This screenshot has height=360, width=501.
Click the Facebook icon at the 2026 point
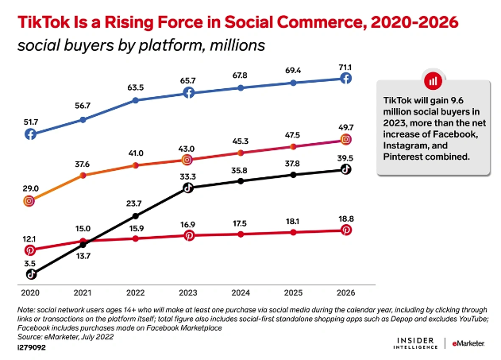click(x=346, y=78)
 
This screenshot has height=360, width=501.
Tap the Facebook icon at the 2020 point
click(x=30, y=134)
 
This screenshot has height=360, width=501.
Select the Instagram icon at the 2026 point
click(x=346, y=139)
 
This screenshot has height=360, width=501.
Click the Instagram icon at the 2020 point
click(x=30, y=201)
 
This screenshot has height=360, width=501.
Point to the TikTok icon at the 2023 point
click(x=188, y=188)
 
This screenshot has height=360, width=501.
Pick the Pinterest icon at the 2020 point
click(x=30, y=250)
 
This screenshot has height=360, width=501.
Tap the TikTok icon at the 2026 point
click(x=346, y=169)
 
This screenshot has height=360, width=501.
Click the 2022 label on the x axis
click(x=136, y=291)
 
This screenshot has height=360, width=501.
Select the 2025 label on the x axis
click(x=294, y=291)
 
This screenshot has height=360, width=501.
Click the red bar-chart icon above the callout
click(x=433, y=81)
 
